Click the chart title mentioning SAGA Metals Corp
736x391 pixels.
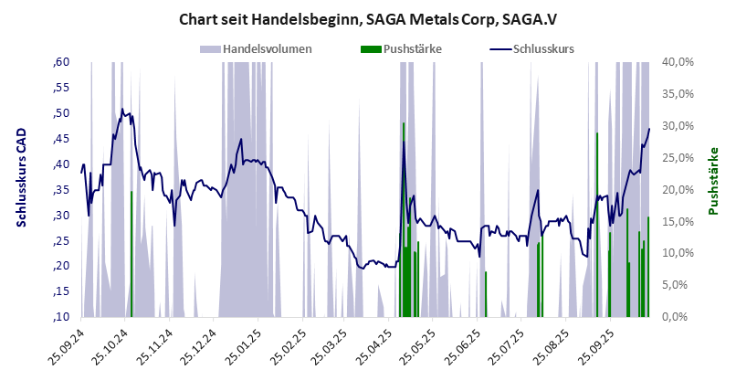[x=368, y=18]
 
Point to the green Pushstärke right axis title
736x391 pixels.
[x=714, y=181]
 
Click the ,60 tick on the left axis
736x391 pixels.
[x=60, y=62]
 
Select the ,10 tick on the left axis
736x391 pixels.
[x=60, y=317]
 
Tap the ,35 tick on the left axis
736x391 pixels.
[x=60, y=190]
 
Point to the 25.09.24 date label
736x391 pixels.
[x=68, y=349]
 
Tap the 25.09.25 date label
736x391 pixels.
[x=600, y=349]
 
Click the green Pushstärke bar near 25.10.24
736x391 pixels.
[x=131, y=256]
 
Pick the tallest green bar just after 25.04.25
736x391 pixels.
[x=404, y=219]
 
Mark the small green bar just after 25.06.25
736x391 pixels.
[x=486, y=294]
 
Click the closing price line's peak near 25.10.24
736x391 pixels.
[x=122, y=110]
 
